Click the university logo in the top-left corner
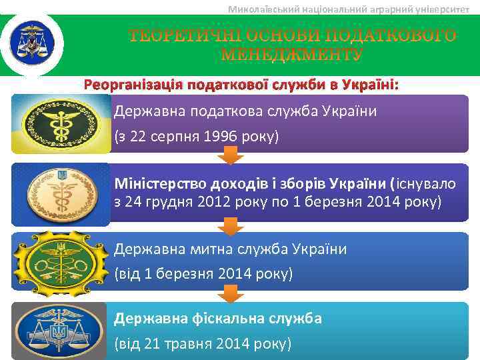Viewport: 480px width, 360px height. (x=31, y=42)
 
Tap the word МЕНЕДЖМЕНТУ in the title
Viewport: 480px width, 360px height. (x=292, y=54)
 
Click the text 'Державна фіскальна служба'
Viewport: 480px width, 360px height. (x=218, y=319)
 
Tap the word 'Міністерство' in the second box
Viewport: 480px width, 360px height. (x=157, y=183)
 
